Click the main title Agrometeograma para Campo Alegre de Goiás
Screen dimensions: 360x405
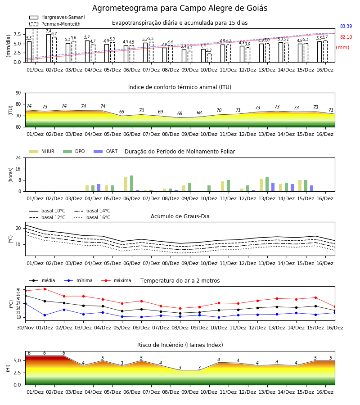click(x=180, y=8)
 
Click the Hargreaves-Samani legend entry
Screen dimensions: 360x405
click(x=57, y=17)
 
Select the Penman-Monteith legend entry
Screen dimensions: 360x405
click(x=55, y=24)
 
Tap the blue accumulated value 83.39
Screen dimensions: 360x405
click(x=346, y=26)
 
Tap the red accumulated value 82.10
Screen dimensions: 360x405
click(x=346, y=37)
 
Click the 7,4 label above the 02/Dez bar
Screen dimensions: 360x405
click(x=49, y=31)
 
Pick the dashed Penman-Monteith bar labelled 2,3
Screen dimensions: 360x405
click(x=209, y=58)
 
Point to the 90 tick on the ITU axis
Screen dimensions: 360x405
click(x=18, y=93)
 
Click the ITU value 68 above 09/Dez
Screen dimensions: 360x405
click(x=180, y=113)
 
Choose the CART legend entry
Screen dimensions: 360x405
click(x=106, y=151)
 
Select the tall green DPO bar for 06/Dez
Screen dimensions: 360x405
click(x=132, y=184)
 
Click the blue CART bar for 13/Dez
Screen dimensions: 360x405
click(x=273, y=187)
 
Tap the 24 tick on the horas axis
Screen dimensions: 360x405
click(x=18, y=157)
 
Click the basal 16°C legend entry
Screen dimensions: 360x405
click(x=92, y=217)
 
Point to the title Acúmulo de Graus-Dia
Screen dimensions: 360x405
click(x=180, y=216)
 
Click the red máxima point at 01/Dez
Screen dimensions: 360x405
click(x=45, y=289)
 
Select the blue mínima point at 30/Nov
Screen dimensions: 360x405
click(x=25, y=303)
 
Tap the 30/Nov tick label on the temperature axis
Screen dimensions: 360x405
click(x=25, y=328)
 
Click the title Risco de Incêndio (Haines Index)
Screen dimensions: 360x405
click(x=180, y=345)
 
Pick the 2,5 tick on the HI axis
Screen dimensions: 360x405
click(x=17, y=373)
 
